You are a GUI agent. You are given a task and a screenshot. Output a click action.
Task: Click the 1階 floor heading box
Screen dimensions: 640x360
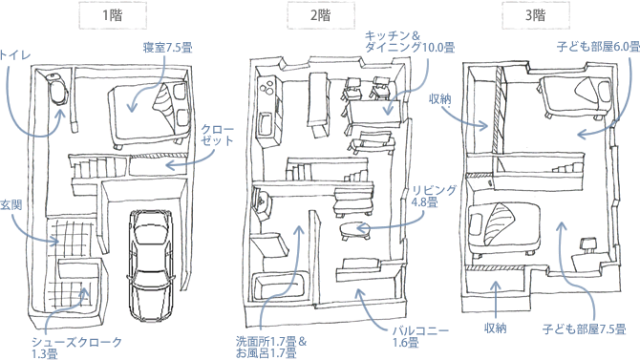pos(113,15)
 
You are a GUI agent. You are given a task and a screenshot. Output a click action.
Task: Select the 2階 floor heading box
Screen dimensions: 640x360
pos(320,15)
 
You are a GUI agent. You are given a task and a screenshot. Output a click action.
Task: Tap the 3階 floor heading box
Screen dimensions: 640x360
pos(536,15)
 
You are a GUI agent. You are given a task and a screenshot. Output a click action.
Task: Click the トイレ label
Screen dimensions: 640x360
pos(14,55)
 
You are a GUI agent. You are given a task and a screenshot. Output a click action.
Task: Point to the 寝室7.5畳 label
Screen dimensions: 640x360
pos(167,48)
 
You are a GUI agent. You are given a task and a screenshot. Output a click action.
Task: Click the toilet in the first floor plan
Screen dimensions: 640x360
pos(56,88)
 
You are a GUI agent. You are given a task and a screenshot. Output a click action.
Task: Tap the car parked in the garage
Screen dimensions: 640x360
pos(149,265)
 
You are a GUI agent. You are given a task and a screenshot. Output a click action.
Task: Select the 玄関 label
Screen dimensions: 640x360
pos(11,205)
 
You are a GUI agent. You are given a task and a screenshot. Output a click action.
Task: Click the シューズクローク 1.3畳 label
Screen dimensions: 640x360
pos(76,348)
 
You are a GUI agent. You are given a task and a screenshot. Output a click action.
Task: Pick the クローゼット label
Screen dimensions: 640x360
pos(217,135)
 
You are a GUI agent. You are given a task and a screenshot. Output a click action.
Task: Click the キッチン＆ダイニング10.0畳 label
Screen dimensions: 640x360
pos(410,42)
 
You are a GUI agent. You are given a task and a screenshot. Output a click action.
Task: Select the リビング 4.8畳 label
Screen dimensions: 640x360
pos(434,196)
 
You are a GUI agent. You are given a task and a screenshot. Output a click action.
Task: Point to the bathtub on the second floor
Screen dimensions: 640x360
pos(279,287)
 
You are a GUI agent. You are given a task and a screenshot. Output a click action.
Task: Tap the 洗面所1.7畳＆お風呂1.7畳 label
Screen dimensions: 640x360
pos(271,347)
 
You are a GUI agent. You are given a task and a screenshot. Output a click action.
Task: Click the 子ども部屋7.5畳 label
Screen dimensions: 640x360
pos(584,329)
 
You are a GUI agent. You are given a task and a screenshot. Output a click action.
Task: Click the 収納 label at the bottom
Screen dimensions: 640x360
pos(496,328)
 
